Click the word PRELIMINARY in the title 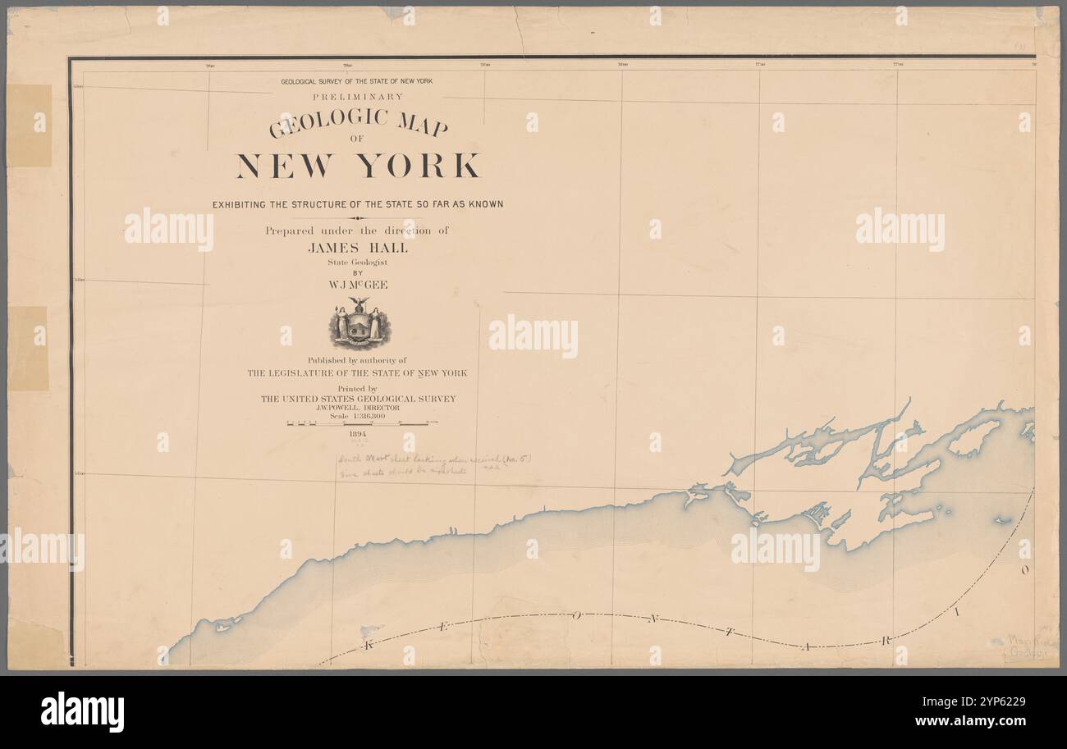357,96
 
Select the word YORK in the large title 419,166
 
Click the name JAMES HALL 357,248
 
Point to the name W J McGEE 357,285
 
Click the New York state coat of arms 358,326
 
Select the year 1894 358,434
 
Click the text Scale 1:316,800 358,416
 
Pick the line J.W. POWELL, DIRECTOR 358,408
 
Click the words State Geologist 357,262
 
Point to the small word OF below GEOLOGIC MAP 356,139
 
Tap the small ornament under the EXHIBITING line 357,218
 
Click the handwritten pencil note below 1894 435,466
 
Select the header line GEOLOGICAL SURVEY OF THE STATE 356,81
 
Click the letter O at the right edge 1025,569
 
